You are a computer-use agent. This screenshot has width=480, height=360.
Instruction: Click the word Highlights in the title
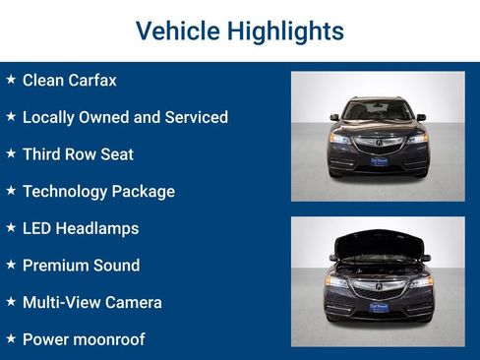pos(285,31)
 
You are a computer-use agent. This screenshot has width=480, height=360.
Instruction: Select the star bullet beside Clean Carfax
pos(11,80)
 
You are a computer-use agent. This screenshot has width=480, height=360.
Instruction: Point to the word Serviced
pos(195,117)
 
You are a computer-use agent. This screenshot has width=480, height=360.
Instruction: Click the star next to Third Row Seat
pos(11,154)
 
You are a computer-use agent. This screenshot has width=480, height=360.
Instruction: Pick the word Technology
pos(67,191)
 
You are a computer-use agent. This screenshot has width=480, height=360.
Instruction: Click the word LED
pos(36,228)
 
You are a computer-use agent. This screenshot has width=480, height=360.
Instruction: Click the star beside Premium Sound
pos(11,266)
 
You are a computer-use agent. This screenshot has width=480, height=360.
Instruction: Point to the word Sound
pos(117,266)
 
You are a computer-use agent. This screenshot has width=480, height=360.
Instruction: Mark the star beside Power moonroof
pos(11,339)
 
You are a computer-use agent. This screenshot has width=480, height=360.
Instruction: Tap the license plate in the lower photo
pos(379,307)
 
